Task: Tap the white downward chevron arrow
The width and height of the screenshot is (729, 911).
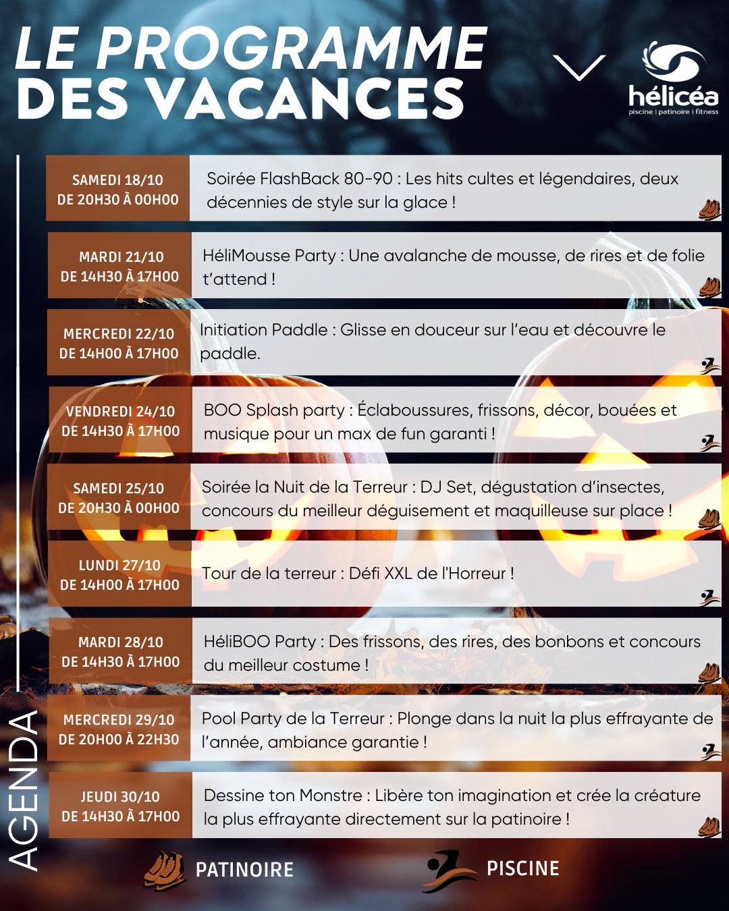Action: [x=579, y=68]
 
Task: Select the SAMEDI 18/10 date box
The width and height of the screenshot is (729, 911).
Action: [x=118, y=190]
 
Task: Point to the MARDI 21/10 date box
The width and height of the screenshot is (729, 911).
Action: [x=120, y=266]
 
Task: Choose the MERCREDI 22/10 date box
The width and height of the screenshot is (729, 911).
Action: [x=119, y=343]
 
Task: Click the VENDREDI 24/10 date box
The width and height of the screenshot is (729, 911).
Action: [x=121, y=420]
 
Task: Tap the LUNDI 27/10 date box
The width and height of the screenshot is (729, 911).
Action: [x=120, y=575]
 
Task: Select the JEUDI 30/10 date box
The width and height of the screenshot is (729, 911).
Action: [x=121, y=806]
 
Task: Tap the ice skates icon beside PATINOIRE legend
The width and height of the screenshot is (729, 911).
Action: [x=163, y=869]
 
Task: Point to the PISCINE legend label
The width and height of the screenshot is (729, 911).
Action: [x=523, y=868]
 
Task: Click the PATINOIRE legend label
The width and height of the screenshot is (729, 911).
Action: [x=244, y=869]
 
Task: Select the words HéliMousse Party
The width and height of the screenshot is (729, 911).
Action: [x=269, y=256]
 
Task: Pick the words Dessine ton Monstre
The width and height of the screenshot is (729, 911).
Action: [x=283, y=796]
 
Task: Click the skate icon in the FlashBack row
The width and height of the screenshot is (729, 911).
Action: [x=709, y=209]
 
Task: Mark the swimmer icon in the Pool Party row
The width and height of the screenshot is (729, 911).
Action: [x=708, y=750]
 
